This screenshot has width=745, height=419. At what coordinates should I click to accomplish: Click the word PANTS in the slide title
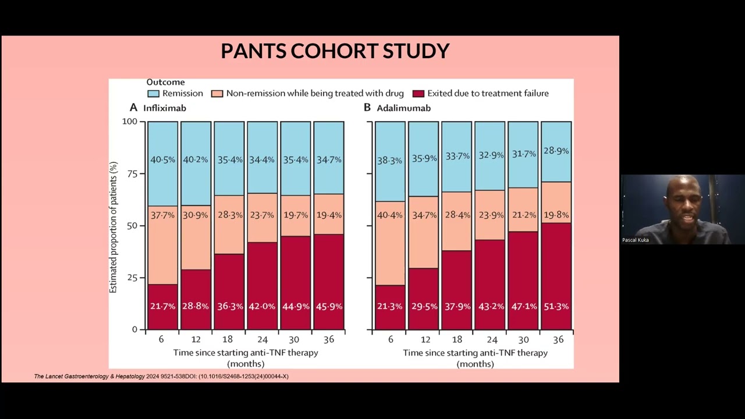tap(253, 51)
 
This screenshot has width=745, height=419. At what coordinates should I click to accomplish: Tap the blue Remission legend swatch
tap(153, 94)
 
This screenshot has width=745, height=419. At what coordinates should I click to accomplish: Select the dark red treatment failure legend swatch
tap(418, 94)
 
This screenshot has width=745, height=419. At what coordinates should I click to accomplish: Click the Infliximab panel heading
tap(165, 108)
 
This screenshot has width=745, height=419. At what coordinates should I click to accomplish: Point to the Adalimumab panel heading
tap(403, 108)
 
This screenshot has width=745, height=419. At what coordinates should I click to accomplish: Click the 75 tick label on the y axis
tap(132, 174)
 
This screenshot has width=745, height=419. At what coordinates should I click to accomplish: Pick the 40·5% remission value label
tap(162, 159)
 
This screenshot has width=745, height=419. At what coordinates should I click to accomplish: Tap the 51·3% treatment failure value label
tap(556, 306)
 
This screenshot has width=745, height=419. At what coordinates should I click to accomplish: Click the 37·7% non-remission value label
tap(162, 215)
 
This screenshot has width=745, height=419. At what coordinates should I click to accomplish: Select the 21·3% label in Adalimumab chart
tap(390, 306)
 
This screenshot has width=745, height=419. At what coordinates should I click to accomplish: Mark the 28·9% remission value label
tap(556, 151)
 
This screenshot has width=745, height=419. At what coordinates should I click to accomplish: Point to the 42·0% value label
tap(262, 306)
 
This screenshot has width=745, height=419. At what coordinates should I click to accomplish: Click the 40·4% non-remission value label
tap(390, 215)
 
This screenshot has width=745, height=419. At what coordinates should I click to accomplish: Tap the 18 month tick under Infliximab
tap(228, 339)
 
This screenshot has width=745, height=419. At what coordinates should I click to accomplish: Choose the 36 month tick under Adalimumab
tap(558, 339)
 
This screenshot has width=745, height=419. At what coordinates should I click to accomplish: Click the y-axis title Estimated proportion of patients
tap(113, 228)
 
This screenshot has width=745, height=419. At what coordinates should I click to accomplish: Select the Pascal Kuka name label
tap(635, 240)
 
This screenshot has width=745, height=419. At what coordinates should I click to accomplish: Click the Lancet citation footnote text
tap(161, 377)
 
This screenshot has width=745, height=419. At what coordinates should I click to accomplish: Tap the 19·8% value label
tap(556, 215)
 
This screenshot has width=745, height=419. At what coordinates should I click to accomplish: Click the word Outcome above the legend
tap(166, 82)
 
